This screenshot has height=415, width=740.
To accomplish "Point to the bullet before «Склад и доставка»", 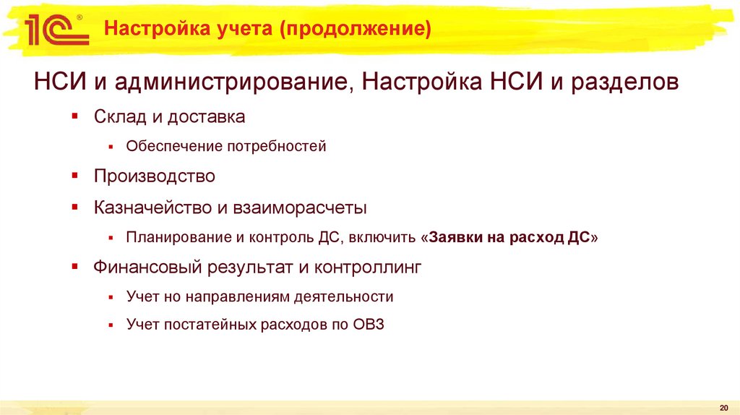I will pos(75,116).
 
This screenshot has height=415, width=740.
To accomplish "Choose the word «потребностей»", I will pos(277,147).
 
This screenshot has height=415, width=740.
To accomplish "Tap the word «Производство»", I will pos(155,176).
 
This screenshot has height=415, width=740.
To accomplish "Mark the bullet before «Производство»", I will pos(75,176).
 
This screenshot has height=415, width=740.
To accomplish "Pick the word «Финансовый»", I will pos(147,268).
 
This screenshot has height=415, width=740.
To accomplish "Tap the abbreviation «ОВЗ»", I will pos(369,325).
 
